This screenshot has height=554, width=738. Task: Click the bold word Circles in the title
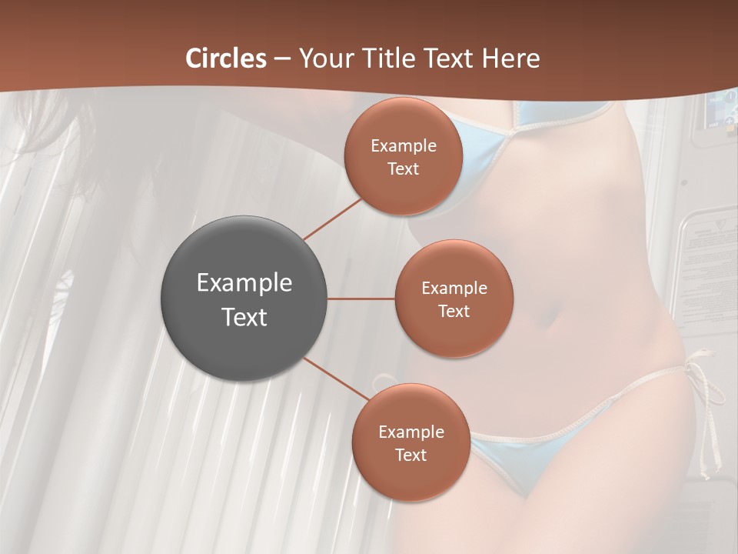(226, 58)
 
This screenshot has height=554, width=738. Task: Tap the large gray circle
(244, 299)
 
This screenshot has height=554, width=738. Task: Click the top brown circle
(403, 156)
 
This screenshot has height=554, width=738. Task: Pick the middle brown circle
(454, 299)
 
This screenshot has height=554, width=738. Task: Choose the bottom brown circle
(411, 442)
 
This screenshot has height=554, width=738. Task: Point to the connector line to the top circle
(332, 219)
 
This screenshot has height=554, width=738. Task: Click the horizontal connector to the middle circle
(361, 299)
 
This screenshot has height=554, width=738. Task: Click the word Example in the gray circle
(244, 282)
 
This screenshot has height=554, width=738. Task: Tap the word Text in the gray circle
(244, 317)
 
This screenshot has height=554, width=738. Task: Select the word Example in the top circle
(403, 145)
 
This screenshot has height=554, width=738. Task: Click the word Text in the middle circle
(454, 311)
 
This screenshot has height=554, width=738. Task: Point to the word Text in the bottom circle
(411, 455)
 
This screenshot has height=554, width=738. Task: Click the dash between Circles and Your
(281, 59)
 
